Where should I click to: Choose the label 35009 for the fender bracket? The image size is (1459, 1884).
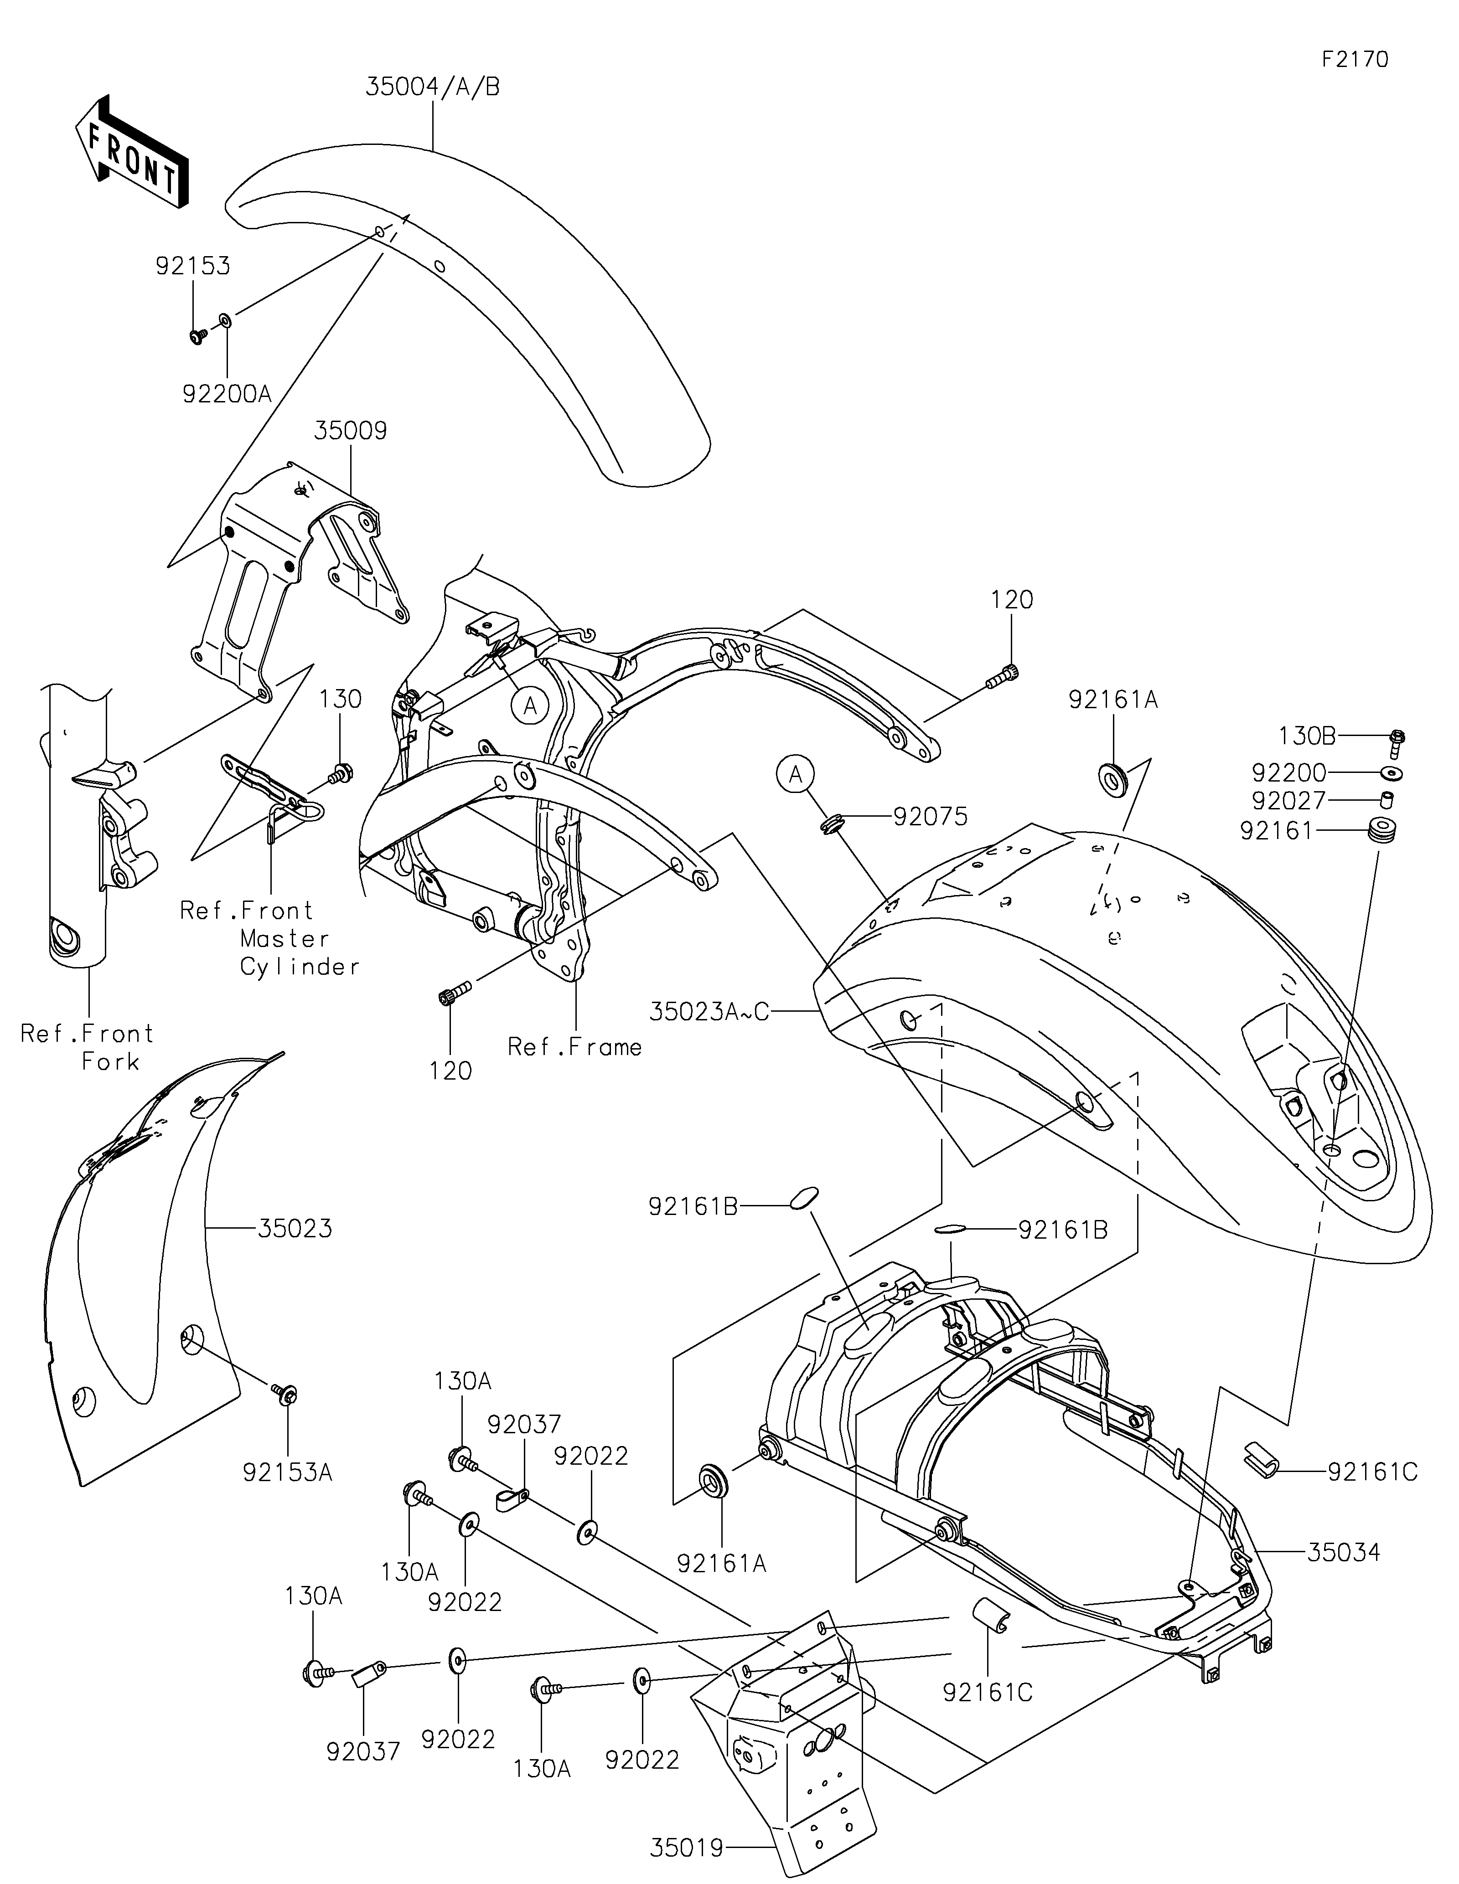point(350,431)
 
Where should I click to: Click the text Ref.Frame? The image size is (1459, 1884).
point(574,1047)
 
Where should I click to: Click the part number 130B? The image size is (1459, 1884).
point(1307,736)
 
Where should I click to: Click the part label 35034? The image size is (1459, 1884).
point(1343,1553)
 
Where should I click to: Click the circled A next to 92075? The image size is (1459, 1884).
point(796,776)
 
